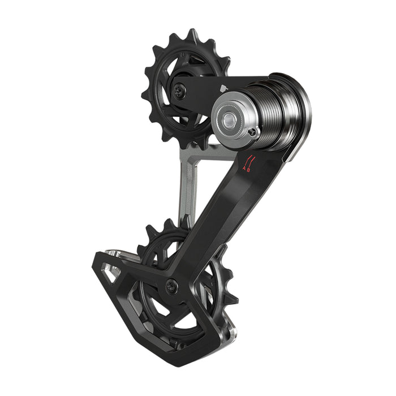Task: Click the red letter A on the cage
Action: (x=244, y=168)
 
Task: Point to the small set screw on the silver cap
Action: (x=252, y=133)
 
